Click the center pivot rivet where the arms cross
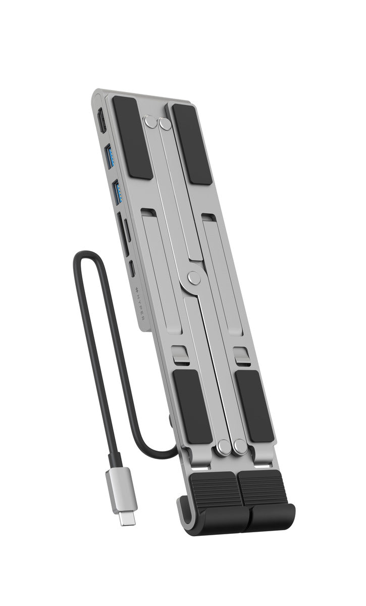(x=193, y=277)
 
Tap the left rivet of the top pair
(x=149, y=122)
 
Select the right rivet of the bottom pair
(x=239, y=446)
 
